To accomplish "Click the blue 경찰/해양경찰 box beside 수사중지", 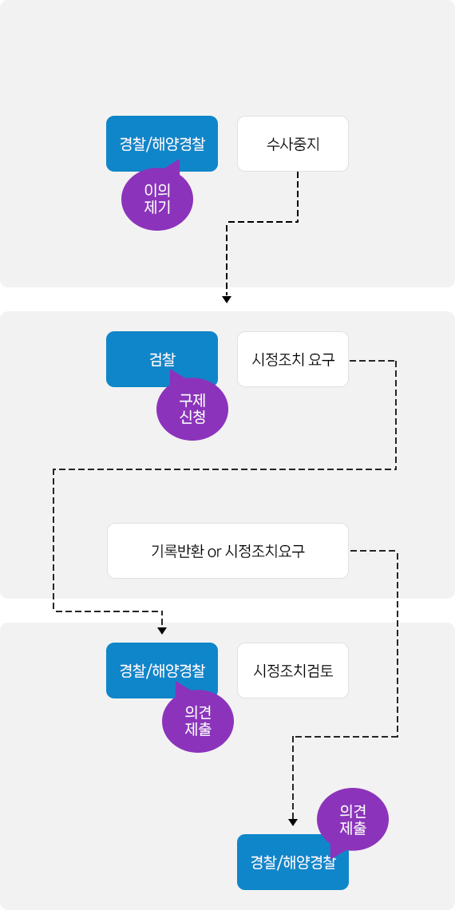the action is [x=162, y=144].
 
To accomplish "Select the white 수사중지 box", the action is [x=292, y=144].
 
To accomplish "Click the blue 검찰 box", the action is [x=162, y=359].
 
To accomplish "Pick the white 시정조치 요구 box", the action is [x=292, y=359].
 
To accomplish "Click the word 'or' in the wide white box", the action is [x=215, y=552].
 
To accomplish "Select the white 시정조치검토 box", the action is [x=292, y=671].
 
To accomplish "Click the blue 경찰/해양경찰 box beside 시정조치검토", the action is [x=162, y=671].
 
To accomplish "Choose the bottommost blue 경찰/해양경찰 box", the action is [x=292, y=862].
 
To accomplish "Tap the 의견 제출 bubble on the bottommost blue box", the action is [x=352, y=819].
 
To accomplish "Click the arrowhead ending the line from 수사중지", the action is [x=227, y=299].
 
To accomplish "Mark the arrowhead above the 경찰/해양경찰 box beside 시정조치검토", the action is [x=162, y=631].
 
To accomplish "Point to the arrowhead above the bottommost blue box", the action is [x=293, y=821].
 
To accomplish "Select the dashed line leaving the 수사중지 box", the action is [x=263, y=222].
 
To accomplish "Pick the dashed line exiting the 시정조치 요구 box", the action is [x=224, y=469].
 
